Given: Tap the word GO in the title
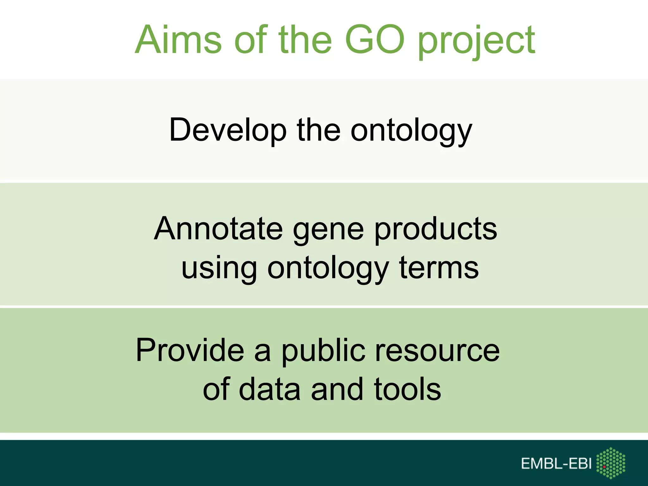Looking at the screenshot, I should [375, 40].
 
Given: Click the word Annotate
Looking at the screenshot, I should [218, 229].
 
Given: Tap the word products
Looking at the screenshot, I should [436, 230].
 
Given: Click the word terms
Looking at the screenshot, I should [439, 268].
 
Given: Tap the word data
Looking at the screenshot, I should [269, 389].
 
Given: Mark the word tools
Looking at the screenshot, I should [407, 389].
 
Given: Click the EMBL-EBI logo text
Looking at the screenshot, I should [556, 464].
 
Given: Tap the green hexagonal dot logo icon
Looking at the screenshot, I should [611, 463].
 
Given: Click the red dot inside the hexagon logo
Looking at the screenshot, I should [604, 467].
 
